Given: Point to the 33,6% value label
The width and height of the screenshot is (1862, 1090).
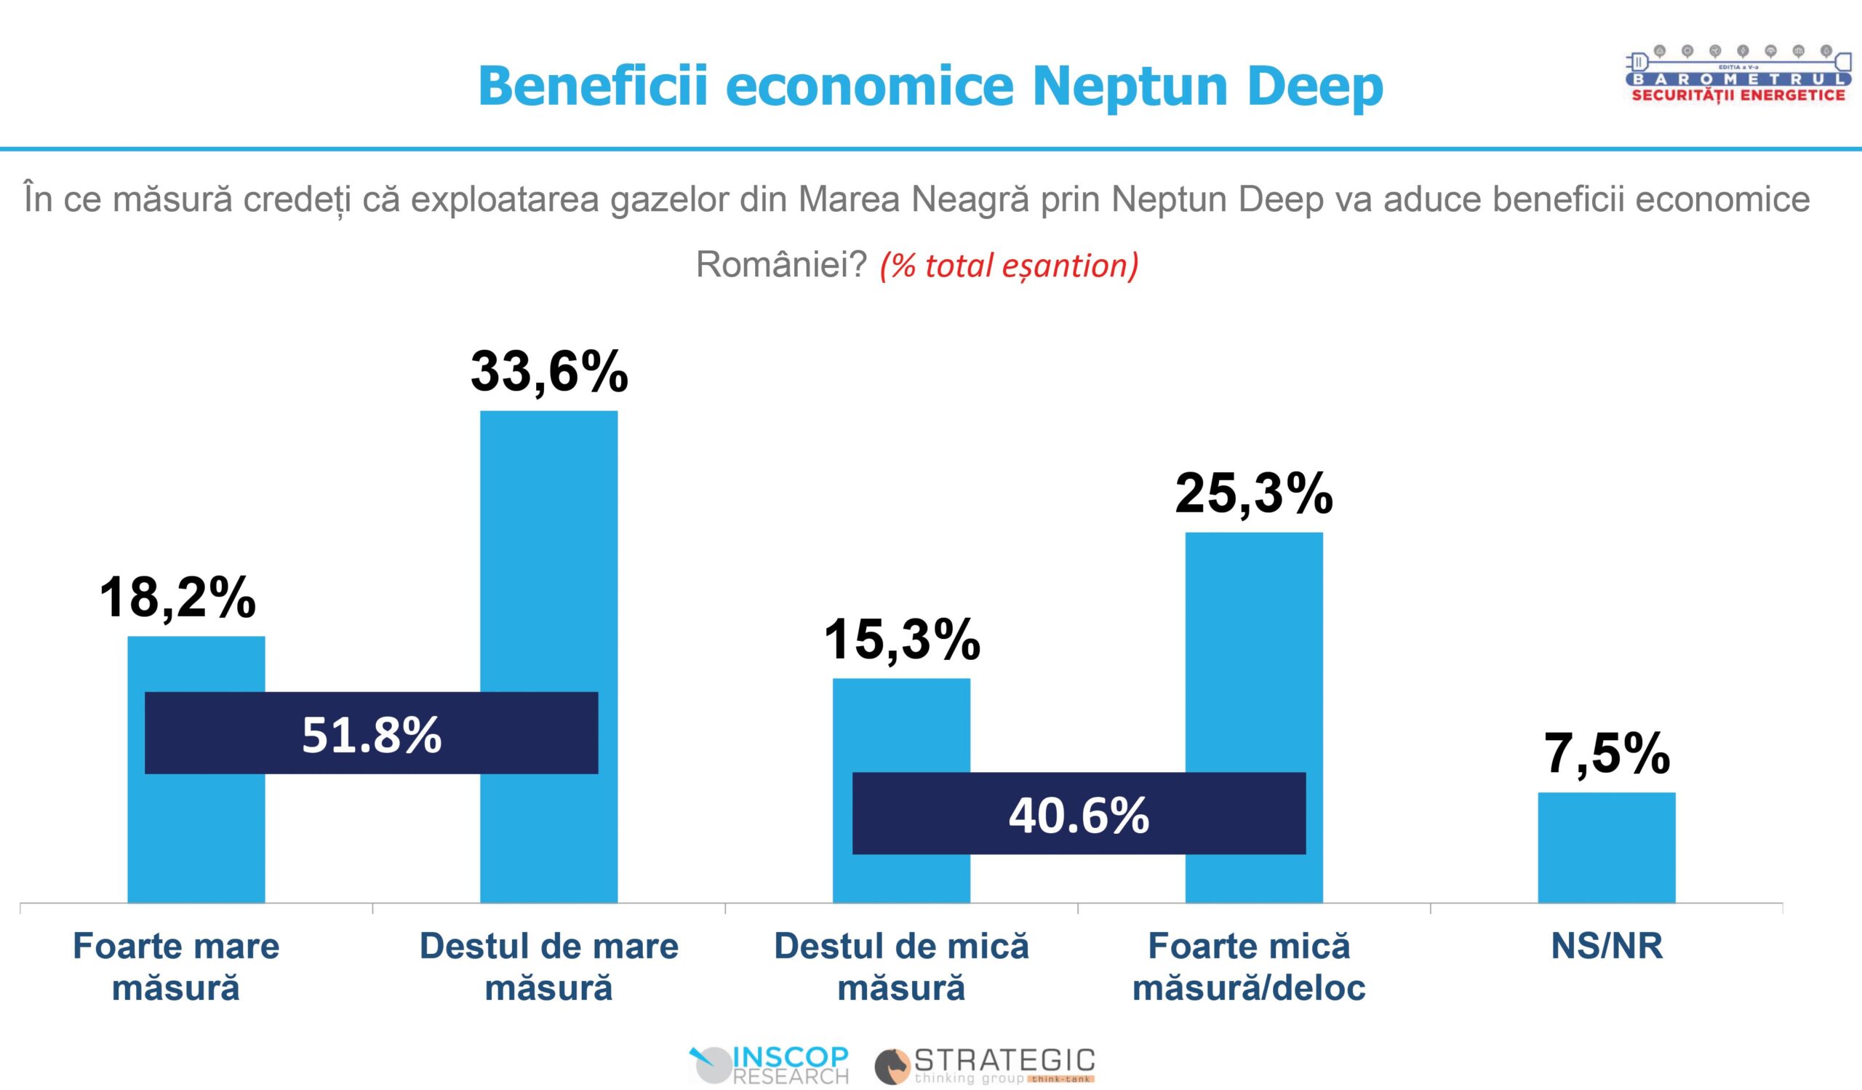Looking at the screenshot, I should (549, 371).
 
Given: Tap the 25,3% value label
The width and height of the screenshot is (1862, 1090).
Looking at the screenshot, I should (1254, 493).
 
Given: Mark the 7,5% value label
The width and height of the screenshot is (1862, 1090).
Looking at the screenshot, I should (1607, 754).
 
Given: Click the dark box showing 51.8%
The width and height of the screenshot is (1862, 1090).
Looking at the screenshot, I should (371, 733).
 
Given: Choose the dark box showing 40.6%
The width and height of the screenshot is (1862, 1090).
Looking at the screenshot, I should (1079, 814).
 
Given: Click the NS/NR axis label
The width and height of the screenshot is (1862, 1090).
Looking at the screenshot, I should (1607, 946).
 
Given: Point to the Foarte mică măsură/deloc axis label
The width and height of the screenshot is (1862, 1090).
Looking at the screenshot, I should (1249, 966).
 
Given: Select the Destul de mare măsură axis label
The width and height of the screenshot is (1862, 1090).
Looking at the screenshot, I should (548, 966).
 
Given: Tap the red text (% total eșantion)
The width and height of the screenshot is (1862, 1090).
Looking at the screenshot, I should (1009, 266).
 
